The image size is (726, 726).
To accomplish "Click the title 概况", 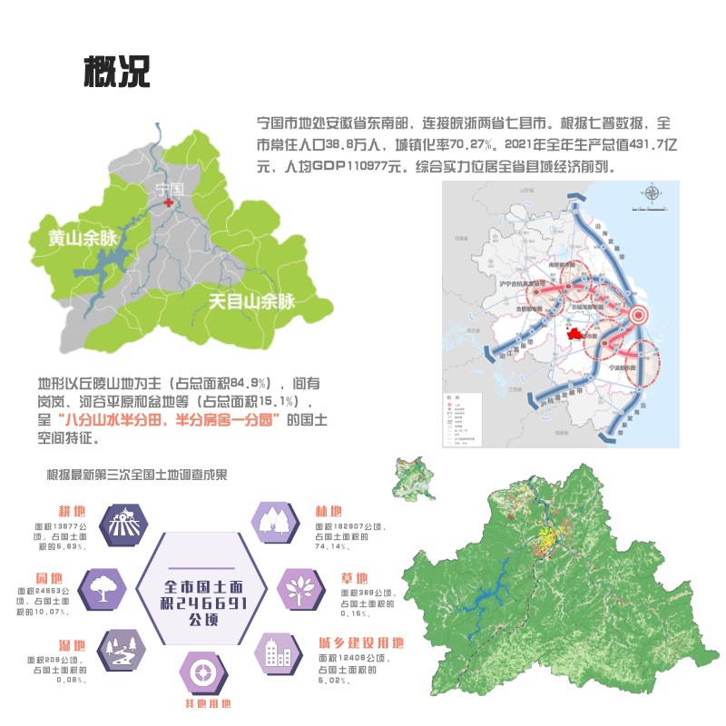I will [116, 70].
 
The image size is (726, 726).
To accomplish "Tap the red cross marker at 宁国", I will [168, 204].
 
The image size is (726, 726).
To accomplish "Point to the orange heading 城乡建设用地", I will [360, 643].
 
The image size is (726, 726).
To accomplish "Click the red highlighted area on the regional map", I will [574, 333].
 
